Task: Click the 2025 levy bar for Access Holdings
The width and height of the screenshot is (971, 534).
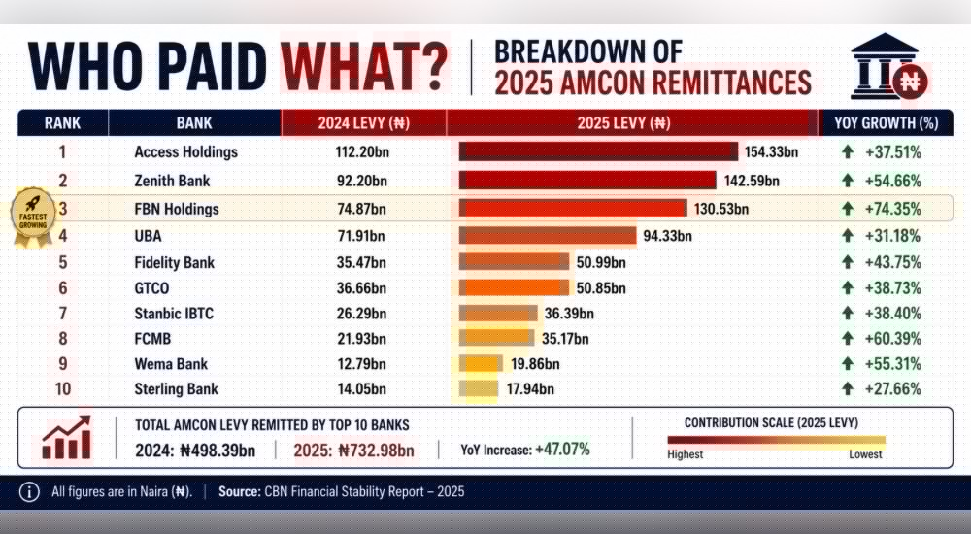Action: pos(598,151)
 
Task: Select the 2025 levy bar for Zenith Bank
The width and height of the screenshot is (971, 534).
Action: pos(587,181)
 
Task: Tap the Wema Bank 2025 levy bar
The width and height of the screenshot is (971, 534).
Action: pos(481,364)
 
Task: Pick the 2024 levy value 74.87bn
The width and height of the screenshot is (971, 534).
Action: pos(361,209)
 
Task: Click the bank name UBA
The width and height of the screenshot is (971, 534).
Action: pos(148,236)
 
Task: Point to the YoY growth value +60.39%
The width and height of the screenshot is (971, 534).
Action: pos(893,339)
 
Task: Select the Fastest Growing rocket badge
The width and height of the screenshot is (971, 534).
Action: pos(33,217)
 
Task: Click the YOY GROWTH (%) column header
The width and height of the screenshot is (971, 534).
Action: pos(886,122)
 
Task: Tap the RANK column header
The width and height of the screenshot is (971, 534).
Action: pos(62,122)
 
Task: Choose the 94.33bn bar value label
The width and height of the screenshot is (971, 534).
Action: pos(668,236)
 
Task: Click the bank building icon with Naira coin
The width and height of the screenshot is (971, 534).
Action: pos(888,67)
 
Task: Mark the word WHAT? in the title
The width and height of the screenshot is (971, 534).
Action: pos(363,66)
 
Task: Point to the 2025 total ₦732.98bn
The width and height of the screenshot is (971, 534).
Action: pos(353,451)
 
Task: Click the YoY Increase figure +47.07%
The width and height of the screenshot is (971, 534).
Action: pos(562,450)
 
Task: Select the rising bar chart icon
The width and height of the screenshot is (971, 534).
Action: pos(67,437)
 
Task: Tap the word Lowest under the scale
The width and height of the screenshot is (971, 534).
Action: pos(865,454)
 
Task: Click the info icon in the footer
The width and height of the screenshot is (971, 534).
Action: pos(29,492)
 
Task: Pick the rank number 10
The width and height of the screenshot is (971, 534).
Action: pos(62,389)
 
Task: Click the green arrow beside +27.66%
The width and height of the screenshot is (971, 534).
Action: pos(847,389)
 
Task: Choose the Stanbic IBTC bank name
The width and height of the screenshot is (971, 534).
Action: pos(174,314)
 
